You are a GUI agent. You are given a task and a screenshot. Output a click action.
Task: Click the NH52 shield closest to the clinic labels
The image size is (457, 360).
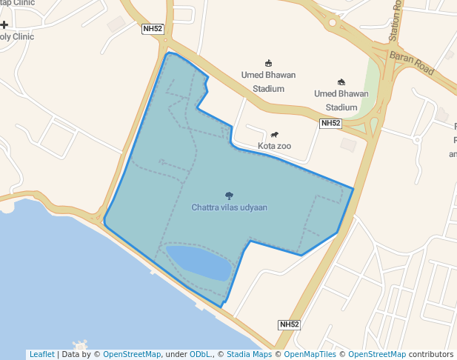click(153, 29)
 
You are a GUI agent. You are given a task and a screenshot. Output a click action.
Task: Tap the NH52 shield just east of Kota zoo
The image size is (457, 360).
click(330, 123)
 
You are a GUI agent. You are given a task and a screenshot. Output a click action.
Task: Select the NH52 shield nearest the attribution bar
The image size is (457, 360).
click(290, 324)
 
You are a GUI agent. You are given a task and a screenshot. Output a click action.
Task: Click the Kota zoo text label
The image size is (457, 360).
click(274, 146)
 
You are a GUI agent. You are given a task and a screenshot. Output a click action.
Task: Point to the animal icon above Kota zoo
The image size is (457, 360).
click(275, 135)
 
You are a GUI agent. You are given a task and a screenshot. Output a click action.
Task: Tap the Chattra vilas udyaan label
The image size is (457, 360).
click(229, 207)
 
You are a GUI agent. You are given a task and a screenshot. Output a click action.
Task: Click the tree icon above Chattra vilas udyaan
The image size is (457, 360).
click(229, 196)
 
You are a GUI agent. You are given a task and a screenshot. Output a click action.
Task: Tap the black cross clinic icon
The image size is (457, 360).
click(4, 24)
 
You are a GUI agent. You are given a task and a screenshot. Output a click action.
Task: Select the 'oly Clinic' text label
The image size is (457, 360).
click(17, 36)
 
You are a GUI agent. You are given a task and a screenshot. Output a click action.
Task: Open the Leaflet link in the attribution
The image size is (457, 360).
click(42, 354)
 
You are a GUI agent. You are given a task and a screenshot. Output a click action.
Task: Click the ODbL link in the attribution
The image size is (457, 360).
click(200, 354)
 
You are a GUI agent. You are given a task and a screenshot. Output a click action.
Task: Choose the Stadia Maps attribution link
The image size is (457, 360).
click(249, 354)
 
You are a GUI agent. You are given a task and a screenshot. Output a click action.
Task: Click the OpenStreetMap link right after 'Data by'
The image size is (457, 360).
click(132, 354)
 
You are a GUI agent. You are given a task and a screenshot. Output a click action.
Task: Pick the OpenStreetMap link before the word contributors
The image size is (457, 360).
click(377, 354)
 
